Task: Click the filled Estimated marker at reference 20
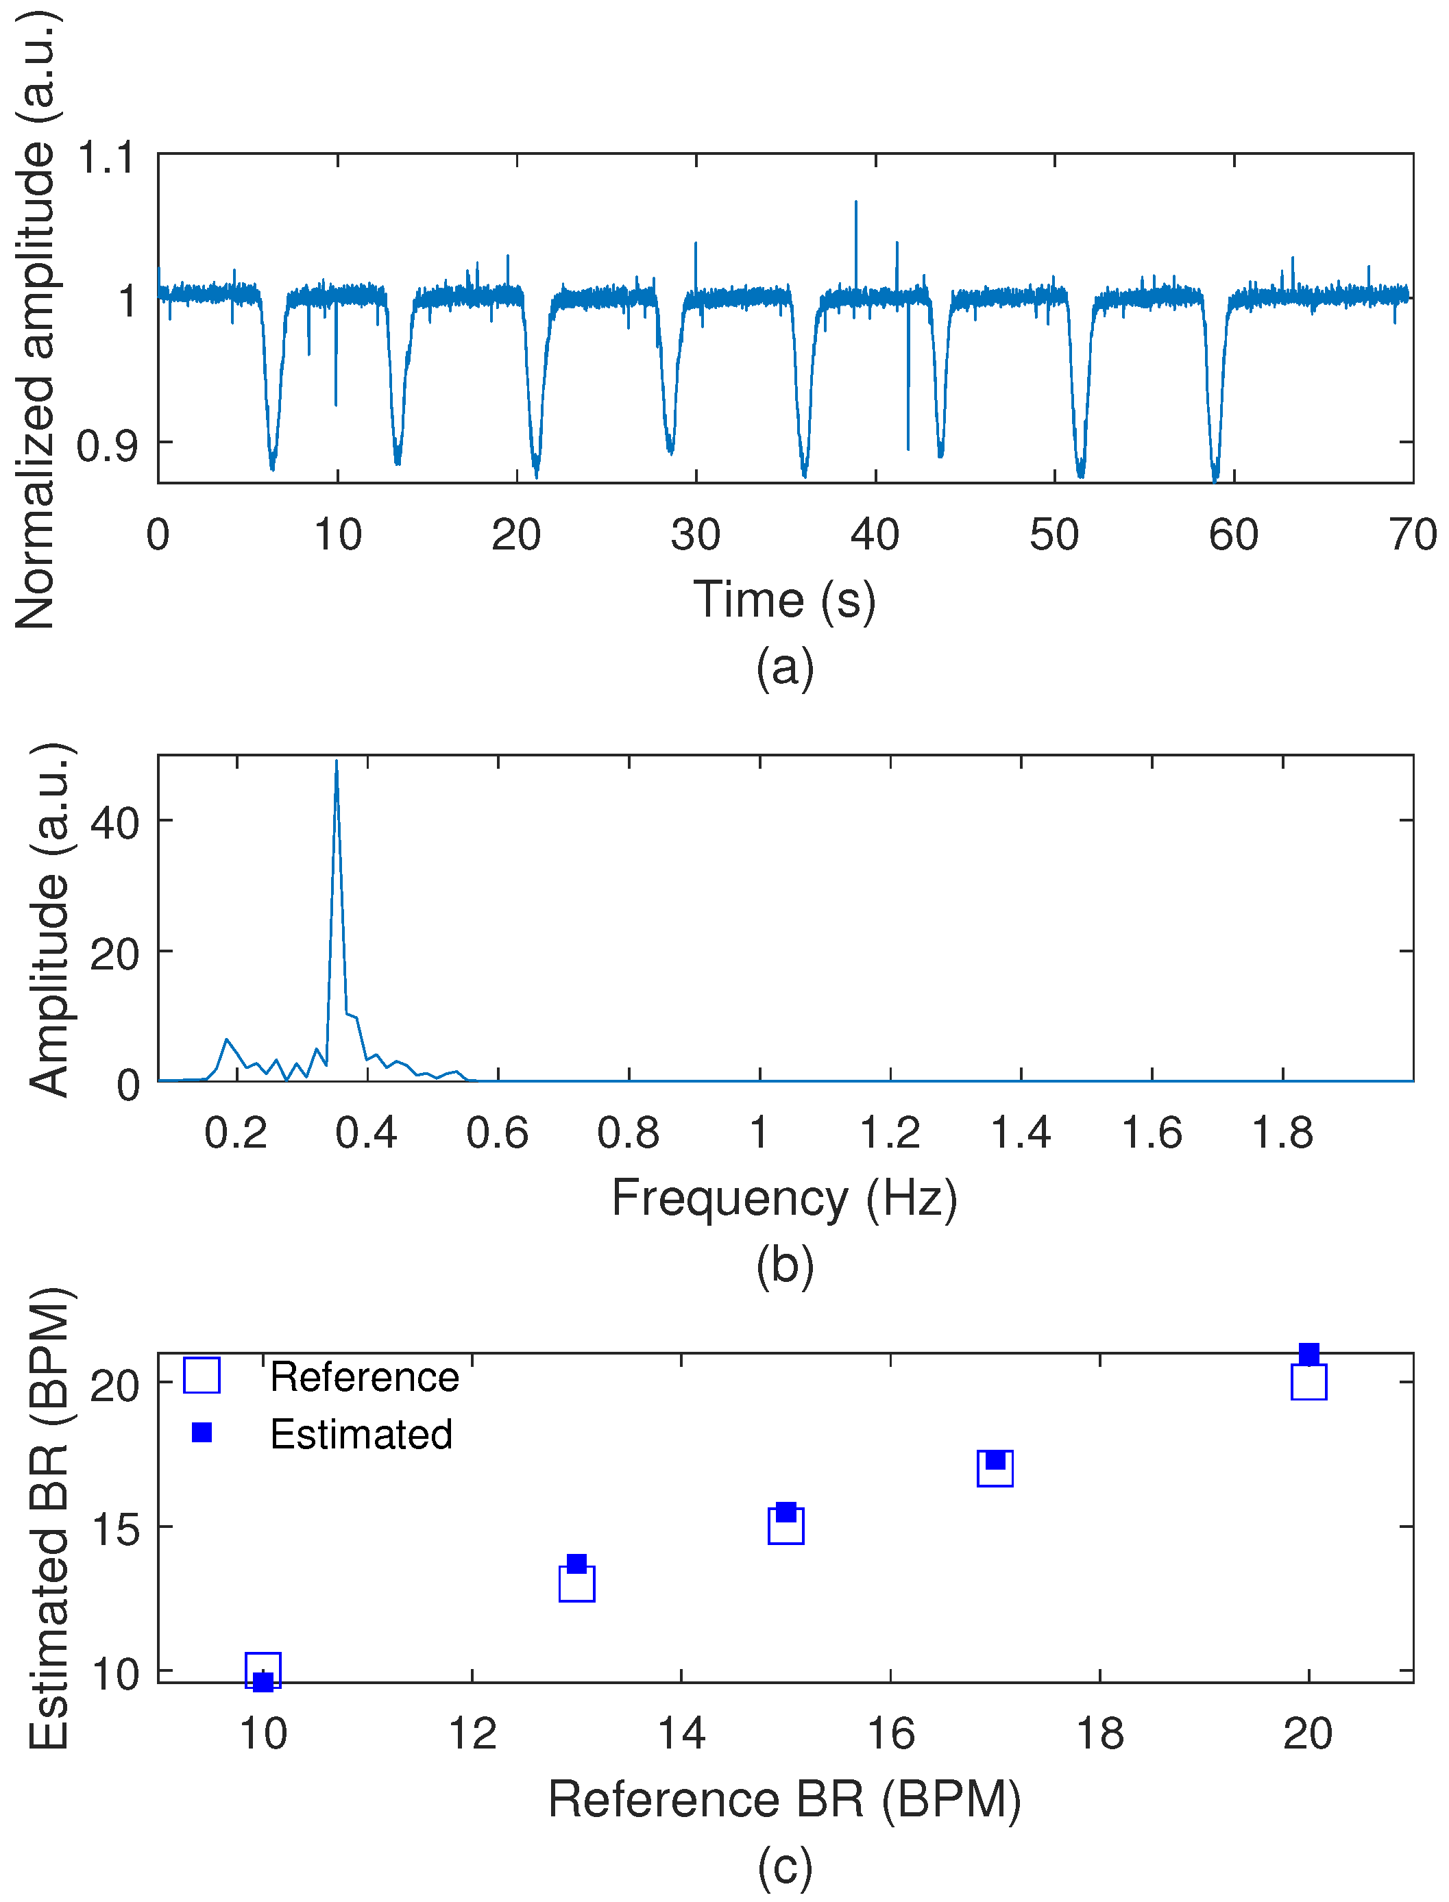pyautogui.click(x=1308, y=1354)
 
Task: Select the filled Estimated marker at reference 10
pyautogui.click(x=263, y=1681)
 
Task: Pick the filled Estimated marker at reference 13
pyautogui.click(x=577, y=1563)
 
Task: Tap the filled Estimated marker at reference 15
pyautogui.click(x=786, y=1511)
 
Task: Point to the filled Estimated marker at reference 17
pyautogui.click(x=995, y=1459)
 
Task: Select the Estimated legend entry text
pyautogui.click(x=361, y=1434)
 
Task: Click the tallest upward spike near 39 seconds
pyautogui.click(x=855, y=203)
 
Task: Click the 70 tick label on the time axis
pyautogui.click(x=1413, y=534)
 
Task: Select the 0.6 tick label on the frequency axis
pyautogui.click(x=497, y=1133)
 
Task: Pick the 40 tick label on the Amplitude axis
pyautogui.click(x=114, y=823)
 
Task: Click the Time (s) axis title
pyautogui.click(x=784, y=600)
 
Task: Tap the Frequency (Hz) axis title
pyautogui.click(x=784, y=1197)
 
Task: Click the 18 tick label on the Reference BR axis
pyautogui.click(x=1099, y=1733)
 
